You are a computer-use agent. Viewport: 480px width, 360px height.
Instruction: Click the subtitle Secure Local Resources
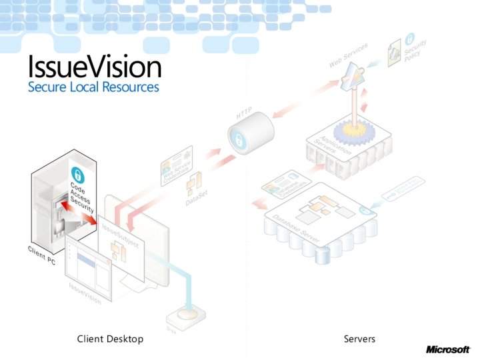[x=93, y=87]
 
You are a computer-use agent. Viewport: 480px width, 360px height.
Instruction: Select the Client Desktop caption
[x=110, y=339]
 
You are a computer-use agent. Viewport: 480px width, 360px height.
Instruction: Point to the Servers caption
[x=359, y=339]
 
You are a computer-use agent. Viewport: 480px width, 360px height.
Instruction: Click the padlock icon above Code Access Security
[x=77, y=175]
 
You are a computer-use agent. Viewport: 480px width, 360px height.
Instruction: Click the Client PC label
[x=41, y=254]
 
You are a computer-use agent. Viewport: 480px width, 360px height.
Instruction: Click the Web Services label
[x=349, y=56]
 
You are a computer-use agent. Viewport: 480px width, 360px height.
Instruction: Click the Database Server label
[x=297, y=229]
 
